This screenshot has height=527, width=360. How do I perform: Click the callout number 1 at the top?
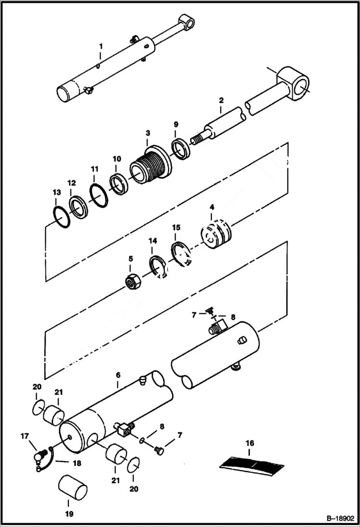[x=101, y=46]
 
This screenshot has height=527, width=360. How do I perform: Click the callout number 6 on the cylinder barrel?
[x=118, y=375]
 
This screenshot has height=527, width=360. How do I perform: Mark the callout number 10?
[x=117, y=159]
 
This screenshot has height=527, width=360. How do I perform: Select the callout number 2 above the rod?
[x=221, y=100]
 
